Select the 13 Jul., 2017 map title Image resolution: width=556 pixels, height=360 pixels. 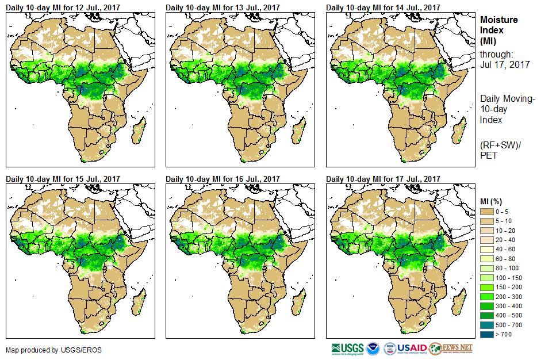pos(223,7)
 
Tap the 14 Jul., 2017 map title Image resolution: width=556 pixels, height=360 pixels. pos(383,7)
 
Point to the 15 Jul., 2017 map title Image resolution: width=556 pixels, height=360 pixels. pos(63,179)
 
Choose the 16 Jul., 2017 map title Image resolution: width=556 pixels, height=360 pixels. pos(223,179)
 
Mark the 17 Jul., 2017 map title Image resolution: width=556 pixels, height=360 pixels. pos(383,179)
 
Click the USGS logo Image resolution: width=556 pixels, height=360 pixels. pos(347,348)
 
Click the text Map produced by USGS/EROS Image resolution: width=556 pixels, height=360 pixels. pos(46,350)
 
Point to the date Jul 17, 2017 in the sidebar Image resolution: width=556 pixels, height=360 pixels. pos(505,64)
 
